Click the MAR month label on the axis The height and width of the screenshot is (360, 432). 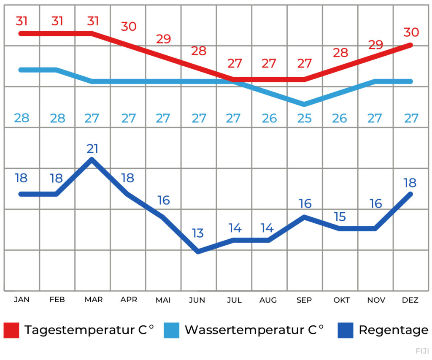coord(93,300)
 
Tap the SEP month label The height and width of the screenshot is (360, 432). coord(304,300)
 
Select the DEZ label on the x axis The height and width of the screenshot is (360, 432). coord(410,300)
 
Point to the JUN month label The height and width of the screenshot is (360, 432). coord(197,300)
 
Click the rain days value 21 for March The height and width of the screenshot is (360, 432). coord(93,149)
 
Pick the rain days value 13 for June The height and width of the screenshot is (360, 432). coord(198,233)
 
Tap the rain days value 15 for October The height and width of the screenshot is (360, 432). coord(340,217)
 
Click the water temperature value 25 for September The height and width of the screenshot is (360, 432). coord(304,118)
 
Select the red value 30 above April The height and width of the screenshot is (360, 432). coord(129,26)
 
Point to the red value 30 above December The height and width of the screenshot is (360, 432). coord(411,32)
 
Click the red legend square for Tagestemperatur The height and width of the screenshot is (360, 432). coord(11,330)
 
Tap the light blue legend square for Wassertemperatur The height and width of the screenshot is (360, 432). coord(170,330)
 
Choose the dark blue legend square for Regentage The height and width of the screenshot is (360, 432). coord(346,330)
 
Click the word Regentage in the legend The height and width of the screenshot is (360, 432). coord(393,330)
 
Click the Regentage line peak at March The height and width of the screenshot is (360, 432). coord(92,159)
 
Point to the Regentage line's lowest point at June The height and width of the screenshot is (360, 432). coord(198,252)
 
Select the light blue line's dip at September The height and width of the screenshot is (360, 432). coord(304,104)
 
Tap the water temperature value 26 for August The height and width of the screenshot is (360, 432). coord(269,118)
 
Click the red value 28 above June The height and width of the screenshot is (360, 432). coord(199,51)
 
